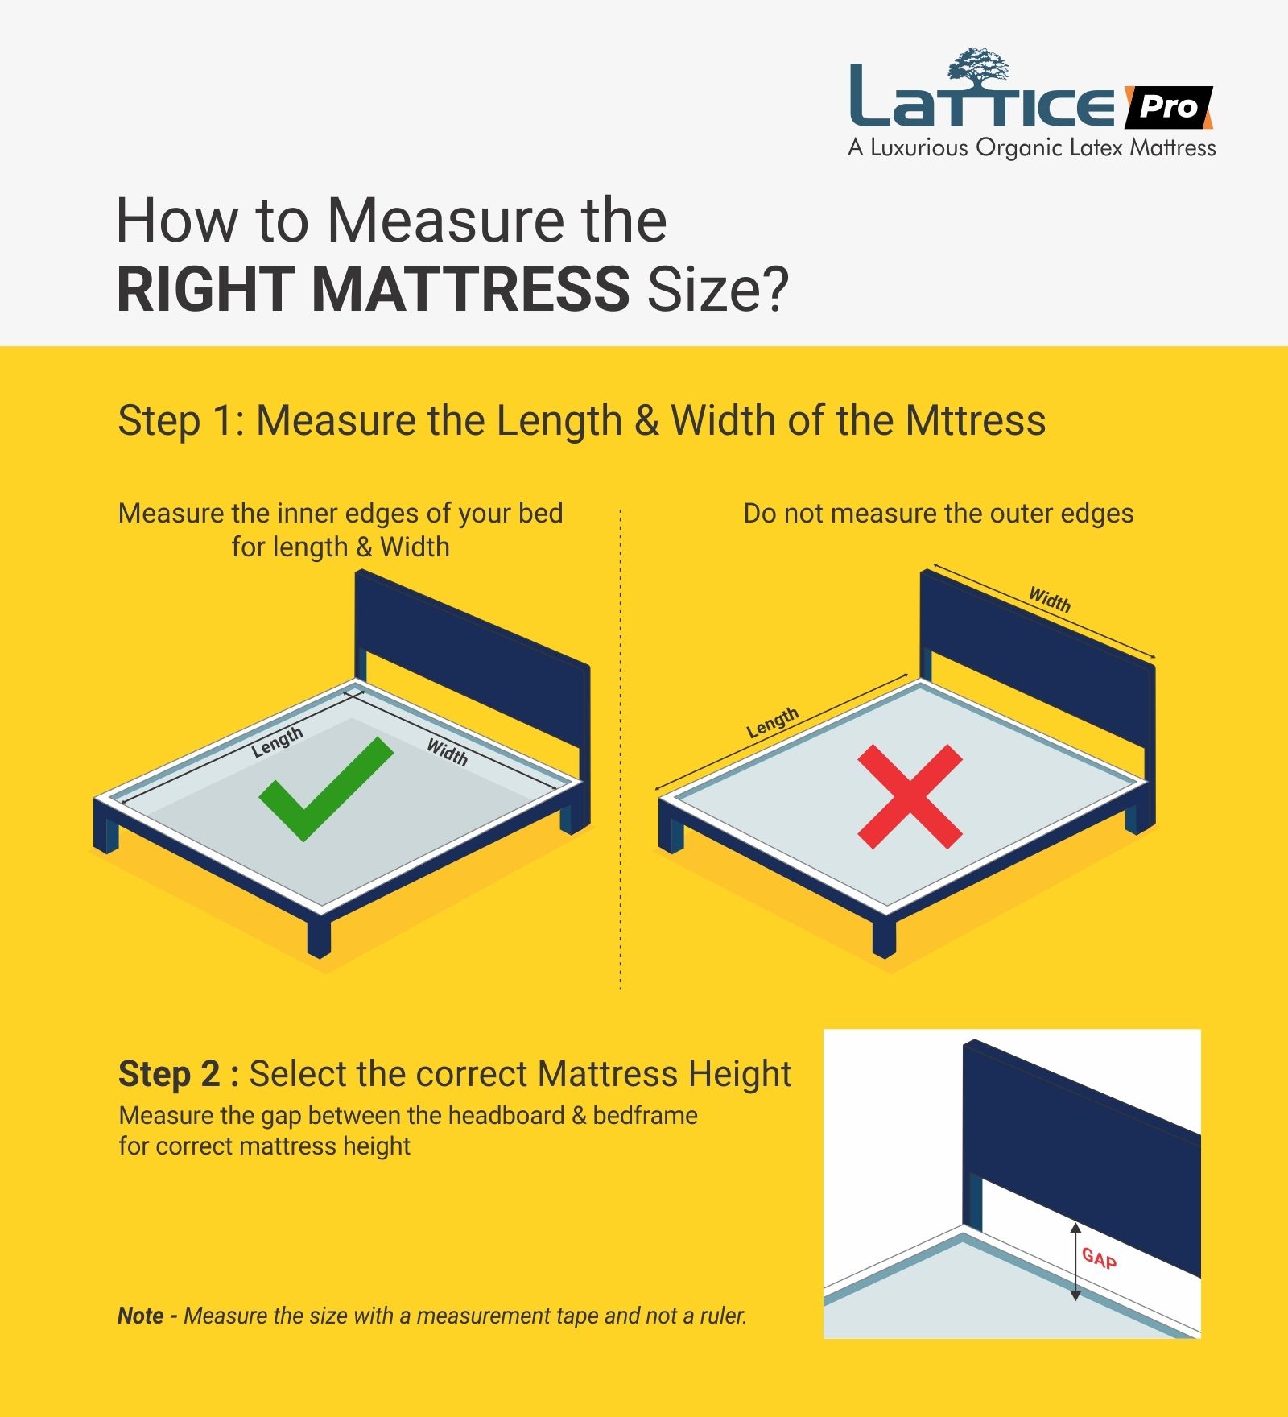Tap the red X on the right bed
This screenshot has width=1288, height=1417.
pyautogui.click(x=910, y=796)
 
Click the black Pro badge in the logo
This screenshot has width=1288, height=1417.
pyautogui.click(x=1168, y=106)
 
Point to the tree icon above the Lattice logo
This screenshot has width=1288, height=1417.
pyautogui.click(x=978, y=66)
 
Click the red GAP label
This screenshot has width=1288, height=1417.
pyautogui.click(x=1099, y=1258)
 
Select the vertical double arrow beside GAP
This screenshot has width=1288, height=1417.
pyautogui.click(x=1075, y=1262)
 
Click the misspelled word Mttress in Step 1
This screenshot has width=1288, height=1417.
pyautogui.click(x=975, y=420)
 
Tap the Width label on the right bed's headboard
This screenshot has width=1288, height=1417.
pyautogui.click(x=1050, y=600)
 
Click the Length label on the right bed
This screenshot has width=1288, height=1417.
pyautogui.click(x=773, y=722)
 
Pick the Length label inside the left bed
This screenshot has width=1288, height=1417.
pyautogui.click(x=277, y=742)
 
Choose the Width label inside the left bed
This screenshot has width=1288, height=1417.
pyautogui.click(x=447, y=752)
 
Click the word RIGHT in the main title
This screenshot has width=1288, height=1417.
pyautogui.click(x=205, y=290)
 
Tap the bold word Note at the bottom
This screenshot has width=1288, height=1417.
pyautogui.click(x=141, y=1316)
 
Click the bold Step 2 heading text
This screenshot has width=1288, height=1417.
pyautogui.click(x=169, y=1074)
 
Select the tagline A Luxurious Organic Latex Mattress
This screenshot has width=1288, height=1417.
pyautogui.click(x=1032, y=148)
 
